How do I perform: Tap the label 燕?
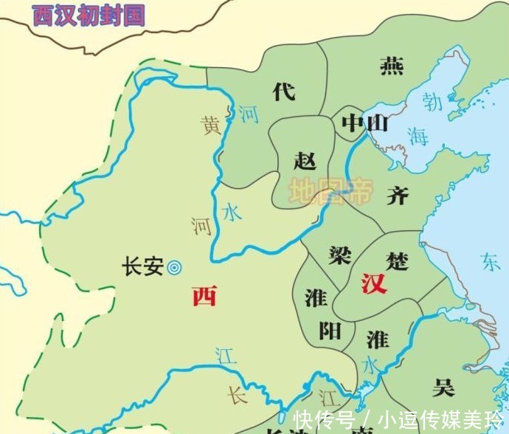tap(392, 66)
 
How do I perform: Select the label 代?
tap(284, 92)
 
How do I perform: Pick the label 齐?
tap(397, 195)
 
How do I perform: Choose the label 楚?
tap(397, 260)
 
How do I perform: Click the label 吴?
tap(443, 386)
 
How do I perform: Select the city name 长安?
tap(142, 266)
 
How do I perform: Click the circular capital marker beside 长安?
tap(175, 267)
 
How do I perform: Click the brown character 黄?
tap(212, 126)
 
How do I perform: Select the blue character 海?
tap(418, 136)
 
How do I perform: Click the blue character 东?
tap(490, 262)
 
